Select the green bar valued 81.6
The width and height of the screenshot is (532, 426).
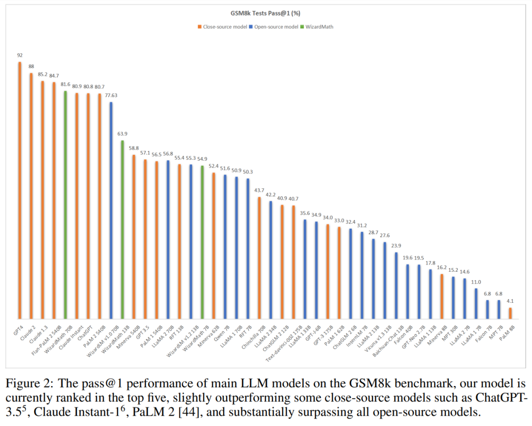(66, 205)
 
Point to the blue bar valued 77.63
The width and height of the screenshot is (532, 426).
(111, 210)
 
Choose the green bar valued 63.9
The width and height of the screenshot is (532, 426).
(123, 229)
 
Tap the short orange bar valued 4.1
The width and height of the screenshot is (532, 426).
(510, 313)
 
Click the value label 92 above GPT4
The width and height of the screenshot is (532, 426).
(20, 56)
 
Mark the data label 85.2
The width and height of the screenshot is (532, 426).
(42, 75)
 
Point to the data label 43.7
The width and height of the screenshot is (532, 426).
(259, 191)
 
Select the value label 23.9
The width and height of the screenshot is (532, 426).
(397, 246)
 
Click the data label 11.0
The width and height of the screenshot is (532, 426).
(476, 282)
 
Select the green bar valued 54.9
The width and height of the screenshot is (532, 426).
(202, 242)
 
